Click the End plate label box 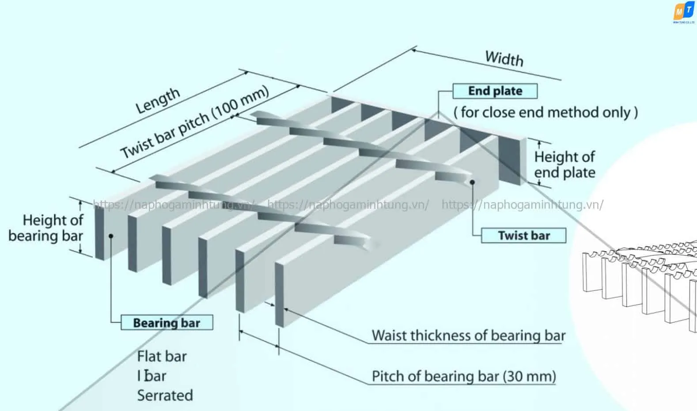click(495, 91)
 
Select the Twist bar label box click(523, 235)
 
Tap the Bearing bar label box click(167, 323)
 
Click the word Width click(504, 58)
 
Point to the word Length click(158, 100)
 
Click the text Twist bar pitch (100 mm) click(194, 122)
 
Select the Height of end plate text click(564, 165)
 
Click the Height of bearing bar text click(46, 228)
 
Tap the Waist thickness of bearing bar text click(468, 336)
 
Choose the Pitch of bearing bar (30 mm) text click(464, 377)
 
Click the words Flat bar click(162, 356)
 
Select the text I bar click(152, 376)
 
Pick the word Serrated click(165, 396)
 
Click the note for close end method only click(545, 113)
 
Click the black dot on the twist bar click(472, 182)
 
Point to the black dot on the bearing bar click(111, 236)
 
